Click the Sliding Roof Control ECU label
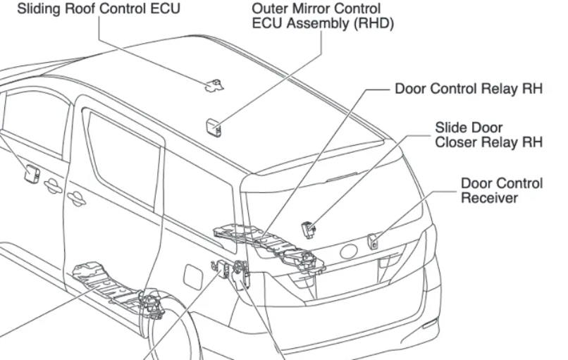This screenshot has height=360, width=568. (98, 9)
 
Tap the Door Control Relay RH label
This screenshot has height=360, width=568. (469, 89)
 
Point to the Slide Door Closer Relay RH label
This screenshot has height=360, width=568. (488, 135)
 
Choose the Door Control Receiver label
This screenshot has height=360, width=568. (501, 190)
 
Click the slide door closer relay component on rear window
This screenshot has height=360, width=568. (309, 228)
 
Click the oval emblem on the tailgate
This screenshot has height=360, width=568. (350, 252)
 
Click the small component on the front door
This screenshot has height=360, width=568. (31, 172)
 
